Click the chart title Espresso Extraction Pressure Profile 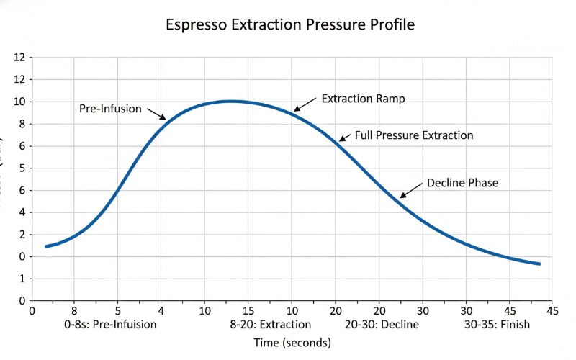[290, 24]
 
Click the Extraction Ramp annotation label [363, 98]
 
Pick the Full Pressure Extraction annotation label [414, 135]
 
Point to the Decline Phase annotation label [462, 183]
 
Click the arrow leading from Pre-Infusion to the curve [156, 114]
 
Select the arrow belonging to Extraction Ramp [305, 104]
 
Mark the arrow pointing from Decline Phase [412, 190]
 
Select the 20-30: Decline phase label [377, 325]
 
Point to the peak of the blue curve [230, 102]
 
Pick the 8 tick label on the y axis [22, 124]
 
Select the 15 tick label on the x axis [248, 311]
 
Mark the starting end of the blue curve [47, 246]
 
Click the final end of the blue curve [539, 264]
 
